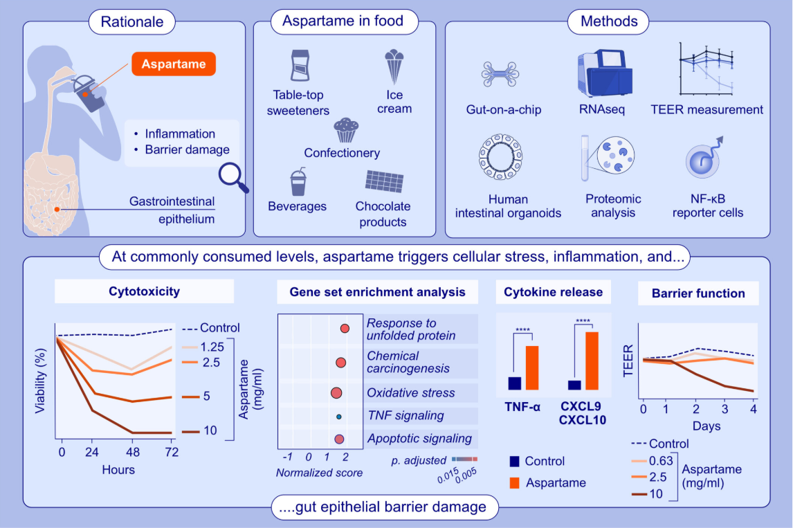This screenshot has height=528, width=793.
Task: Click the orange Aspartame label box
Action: [174, 64]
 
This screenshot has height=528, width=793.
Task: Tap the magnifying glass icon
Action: [232, 176]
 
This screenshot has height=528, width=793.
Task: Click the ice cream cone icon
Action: [394, 66]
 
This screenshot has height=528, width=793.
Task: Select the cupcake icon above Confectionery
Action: [346, 129]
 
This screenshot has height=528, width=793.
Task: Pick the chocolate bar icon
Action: [385, 181]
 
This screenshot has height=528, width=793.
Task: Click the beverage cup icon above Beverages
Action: [298, 181]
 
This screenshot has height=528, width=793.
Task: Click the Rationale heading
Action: [132, 21]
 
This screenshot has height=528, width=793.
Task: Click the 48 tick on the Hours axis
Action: [132, 453]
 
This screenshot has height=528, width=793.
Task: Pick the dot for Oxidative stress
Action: [336, 393]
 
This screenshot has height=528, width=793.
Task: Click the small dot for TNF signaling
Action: [338, 417]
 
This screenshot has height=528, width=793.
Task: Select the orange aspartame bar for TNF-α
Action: [531, 367]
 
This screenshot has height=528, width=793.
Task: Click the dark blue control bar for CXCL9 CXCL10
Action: [574, 385]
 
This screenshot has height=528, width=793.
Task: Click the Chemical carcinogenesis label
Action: [402, 362]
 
